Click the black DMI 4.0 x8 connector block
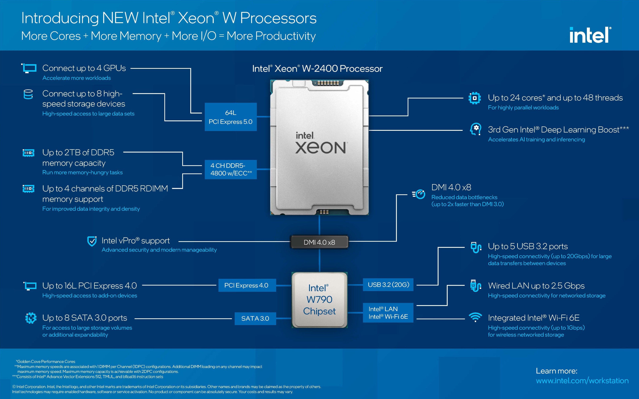(319, 242)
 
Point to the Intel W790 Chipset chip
(319, 300)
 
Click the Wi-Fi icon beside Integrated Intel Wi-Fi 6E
(475, 317)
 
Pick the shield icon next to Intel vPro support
(92, 241)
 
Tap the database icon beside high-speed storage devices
(28, 94)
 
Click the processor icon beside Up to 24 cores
(474, 98)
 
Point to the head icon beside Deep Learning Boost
(475, 129)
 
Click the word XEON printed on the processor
(321, 148)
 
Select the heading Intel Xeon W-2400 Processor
(317, 69)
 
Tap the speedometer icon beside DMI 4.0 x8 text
(418, 194)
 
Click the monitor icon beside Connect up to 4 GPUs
(29, 68)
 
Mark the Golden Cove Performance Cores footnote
(45, 362)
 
